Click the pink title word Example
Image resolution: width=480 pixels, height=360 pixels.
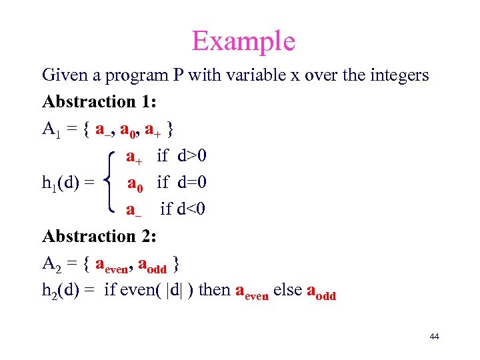243,41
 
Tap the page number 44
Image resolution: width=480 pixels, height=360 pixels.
434,337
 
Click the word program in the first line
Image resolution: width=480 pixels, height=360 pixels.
135,76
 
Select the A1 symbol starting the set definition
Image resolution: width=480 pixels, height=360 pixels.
51,129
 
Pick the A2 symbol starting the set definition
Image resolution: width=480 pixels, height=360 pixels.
51,264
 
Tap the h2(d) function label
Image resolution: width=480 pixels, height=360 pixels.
63,291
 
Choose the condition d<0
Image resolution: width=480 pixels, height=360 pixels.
192,209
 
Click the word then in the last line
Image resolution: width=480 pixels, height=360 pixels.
215,291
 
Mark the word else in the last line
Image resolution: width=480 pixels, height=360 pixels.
287,291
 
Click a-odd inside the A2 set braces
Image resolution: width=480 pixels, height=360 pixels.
151,265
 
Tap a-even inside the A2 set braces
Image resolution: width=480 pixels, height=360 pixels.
112,265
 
